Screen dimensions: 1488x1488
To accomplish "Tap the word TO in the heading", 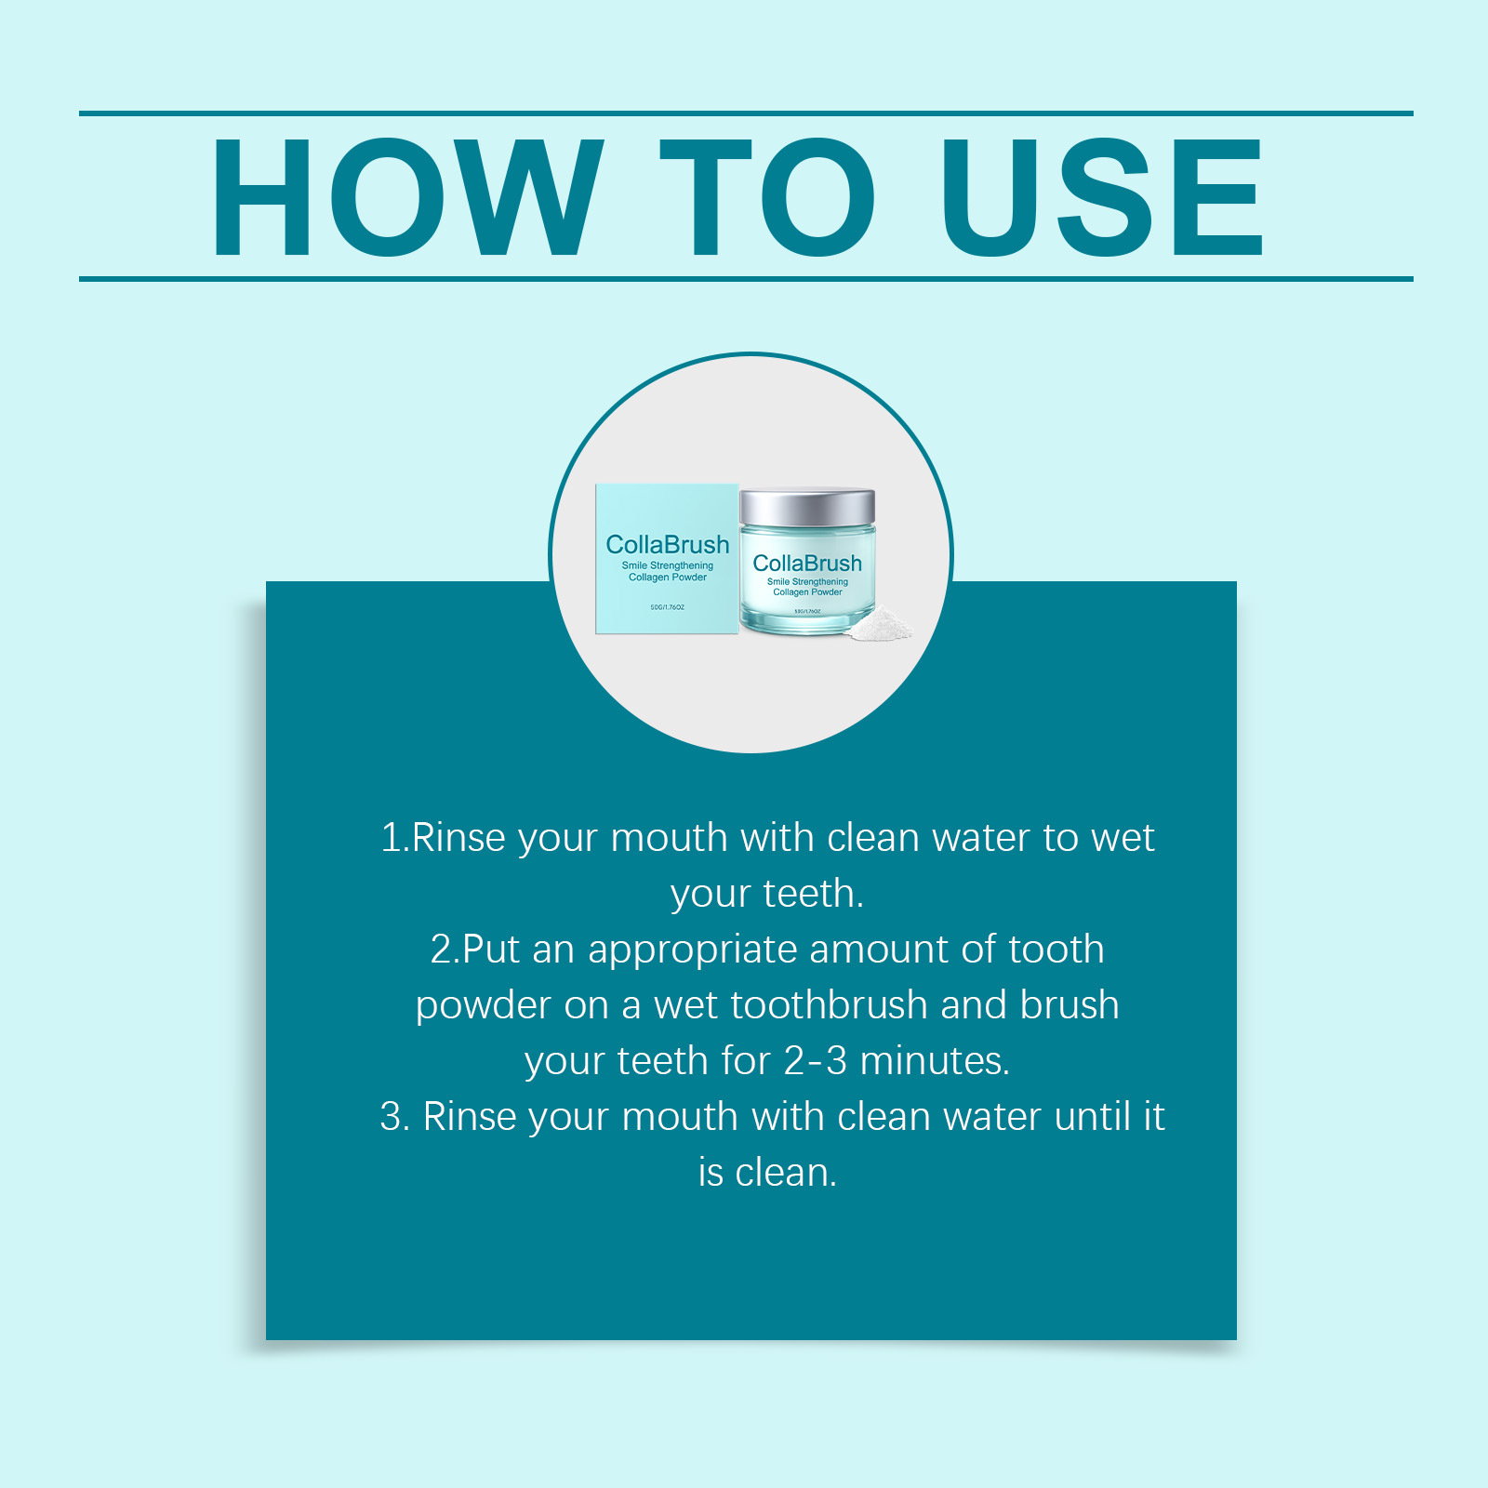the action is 767,196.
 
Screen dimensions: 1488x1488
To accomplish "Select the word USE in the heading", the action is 1103,196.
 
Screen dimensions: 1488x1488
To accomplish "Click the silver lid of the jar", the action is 807,508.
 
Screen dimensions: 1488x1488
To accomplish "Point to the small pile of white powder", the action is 879,625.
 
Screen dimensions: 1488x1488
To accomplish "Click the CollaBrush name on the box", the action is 668,544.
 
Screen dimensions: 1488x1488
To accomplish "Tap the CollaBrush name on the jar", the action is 807,563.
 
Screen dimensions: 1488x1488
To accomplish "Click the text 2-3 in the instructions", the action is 816,1061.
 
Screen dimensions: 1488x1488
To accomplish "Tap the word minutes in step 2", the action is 935,1060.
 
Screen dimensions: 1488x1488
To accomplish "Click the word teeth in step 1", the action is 814,893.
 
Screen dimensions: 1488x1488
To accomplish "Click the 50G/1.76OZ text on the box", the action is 668,607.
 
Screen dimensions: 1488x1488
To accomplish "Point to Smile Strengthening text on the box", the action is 668,565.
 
